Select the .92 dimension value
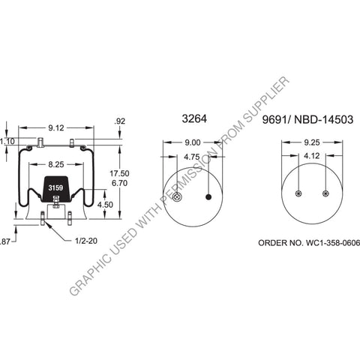click(x=119, y=121)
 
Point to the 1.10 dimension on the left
click(x=7, y=140)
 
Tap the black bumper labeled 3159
click(x=55, y=187)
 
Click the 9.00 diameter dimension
click(x=193, y=143)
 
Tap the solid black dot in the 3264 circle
click(x=209, y=197)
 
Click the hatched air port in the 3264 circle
click(x=177, y=197)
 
